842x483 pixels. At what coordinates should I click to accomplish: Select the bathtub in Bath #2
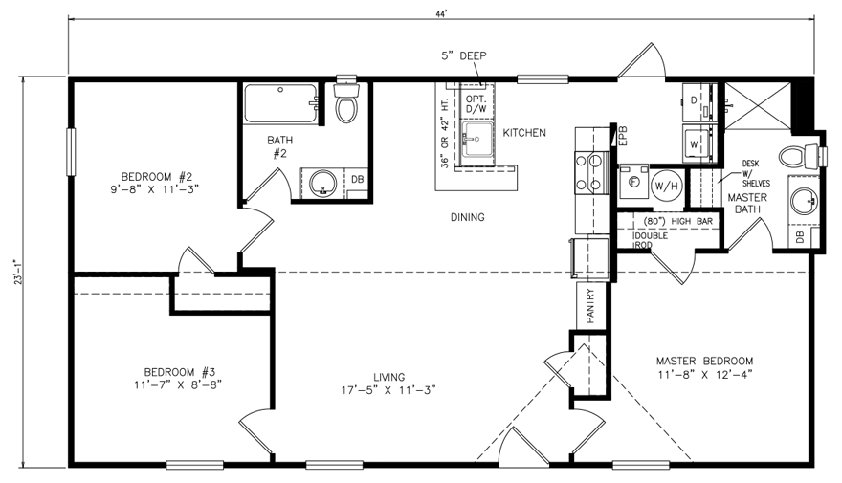[281, 102]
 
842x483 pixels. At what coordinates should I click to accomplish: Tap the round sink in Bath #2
[322, 182]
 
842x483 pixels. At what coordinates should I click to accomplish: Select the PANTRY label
[590, 307]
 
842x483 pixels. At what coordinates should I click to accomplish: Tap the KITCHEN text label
[524, 133]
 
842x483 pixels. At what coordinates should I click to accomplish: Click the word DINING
[467, 217]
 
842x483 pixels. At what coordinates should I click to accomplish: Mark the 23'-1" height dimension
[11, 272]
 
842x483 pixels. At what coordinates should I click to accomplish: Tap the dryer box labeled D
[694, 99]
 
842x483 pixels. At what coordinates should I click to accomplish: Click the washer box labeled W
[694, 144]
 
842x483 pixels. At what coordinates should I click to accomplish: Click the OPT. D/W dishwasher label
[476, 104]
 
